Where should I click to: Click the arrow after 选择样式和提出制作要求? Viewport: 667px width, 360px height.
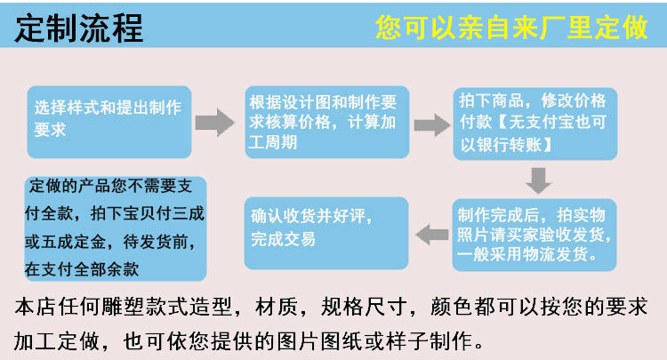coord(214,123)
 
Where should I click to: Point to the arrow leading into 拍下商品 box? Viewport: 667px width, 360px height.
coord(433,123)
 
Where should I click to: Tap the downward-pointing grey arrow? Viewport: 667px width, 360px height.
coord(536,180)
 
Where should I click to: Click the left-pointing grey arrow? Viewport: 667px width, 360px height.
coord(433,234)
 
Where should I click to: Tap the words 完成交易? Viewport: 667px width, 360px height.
coord(283,239)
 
